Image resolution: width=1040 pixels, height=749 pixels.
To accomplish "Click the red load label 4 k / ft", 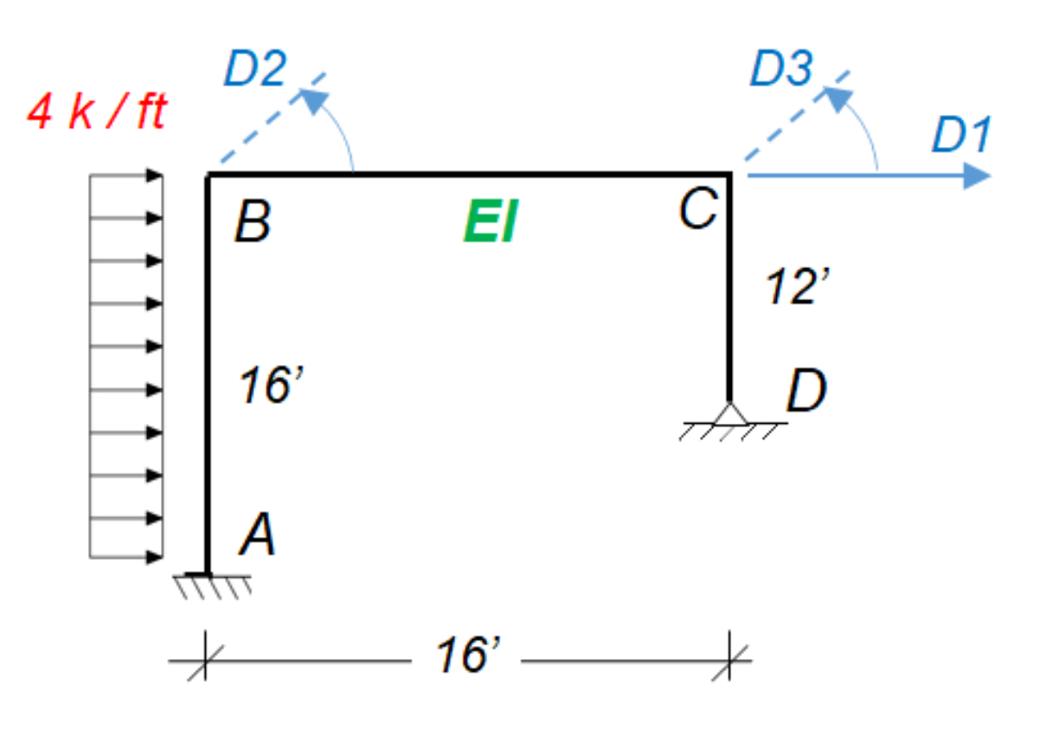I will [96, 113].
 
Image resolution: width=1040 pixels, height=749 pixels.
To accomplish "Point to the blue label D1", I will [960, 137].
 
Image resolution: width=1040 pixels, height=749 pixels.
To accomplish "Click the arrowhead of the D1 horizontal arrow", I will [978, 176].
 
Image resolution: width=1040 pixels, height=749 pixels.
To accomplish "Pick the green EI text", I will [490, 223].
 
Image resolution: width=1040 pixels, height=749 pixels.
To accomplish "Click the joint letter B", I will [253, 222].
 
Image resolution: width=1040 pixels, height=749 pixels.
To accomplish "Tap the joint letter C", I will [697, 210].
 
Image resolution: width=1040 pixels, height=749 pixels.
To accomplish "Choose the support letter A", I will [258, 536].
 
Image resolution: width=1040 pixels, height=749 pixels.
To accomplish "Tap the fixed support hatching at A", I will [212, 585].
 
